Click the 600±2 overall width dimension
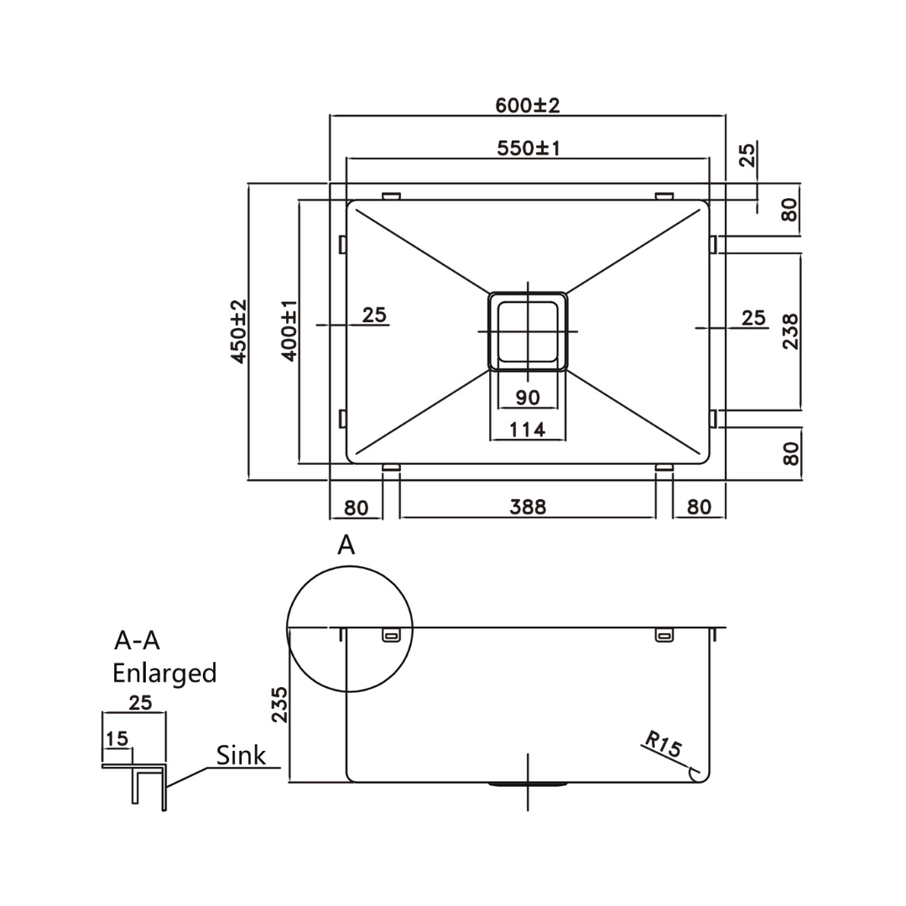click(527, 106)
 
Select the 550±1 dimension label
click(528, 148)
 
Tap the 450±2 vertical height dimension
click(239, 331)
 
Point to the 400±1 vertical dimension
click(289, 331)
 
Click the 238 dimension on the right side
click(790, 331)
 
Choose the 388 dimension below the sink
click(528, 507)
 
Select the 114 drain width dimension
click(528, 430)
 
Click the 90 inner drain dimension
click(528, 397)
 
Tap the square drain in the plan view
click(528, 331)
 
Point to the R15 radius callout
click(664, 745)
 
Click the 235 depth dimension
click(280, 705)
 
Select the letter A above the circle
click(346, 545)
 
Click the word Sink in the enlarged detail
click(241, 755)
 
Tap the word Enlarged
click(164, 673)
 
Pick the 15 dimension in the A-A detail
click(117, 738)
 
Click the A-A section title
click(137, 640)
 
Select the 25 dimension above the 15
click(140, 702)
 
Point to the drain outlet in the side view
click(528, 784)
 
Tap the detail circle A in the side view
click(350, 628)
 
